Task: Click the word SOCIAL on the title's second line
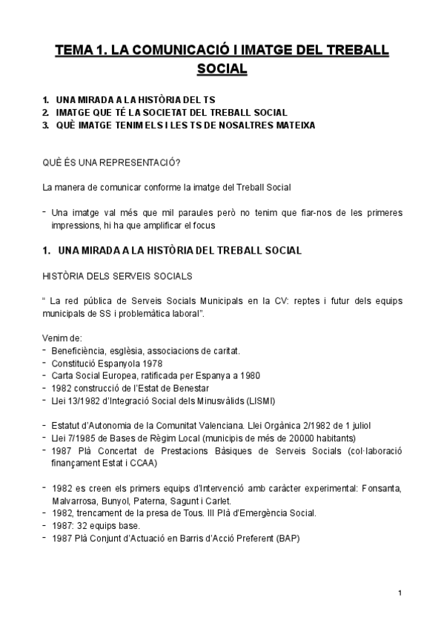(x=222, y=69)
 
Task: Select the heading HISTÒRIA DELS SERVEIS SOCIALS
(x=118, y=276)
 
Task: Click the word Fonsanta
(x=380, y=487)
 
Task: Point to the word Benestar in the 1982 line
(x=189, y=388)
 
